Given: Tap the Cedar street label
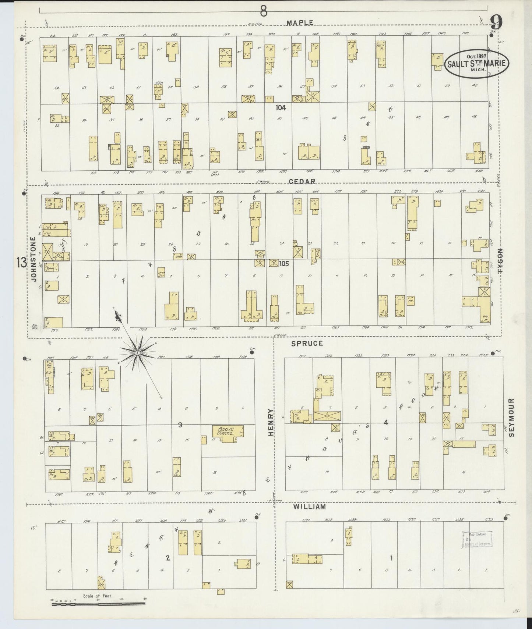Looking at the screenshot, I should coord(302,181).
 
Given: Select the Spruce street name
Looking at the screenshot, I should coord(307,343).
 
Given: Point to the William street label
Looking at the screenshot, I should coord(309,507).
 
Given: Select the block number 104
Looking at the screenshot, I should coord(281,108).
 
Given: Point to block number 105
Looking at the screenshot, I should coord(284,263).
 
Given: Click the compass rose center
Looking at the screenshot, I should coord(137,353).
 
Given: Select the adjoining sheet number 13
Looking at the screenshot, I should coord(21,262).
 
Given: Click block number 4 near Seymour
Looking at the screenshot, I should coord(386,423).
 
